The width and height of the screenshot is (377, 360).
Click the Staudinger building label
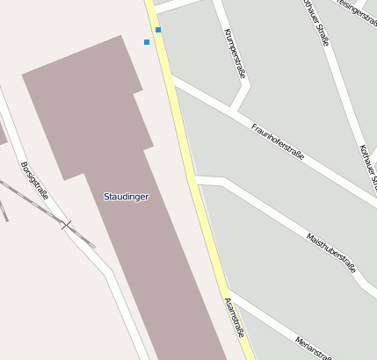[127, 196]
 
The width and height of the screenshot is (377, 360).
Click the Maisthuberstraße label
[331, 251]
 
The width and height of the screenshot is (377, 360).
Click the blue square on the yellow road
[158, 30]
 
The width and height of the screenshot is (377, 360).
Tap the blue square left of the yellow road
[147, 42]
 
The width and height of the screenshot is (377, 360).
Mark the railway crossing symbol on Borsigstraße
[66, 226]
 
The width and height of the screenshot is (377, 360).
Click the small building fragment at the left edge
[2, 133]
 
